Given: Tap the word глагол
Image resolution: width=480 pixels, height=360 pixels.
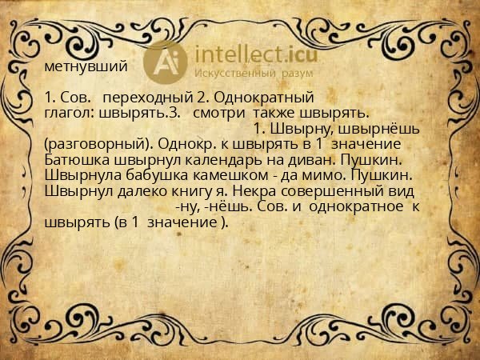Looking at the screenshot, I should coord(64,114).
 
